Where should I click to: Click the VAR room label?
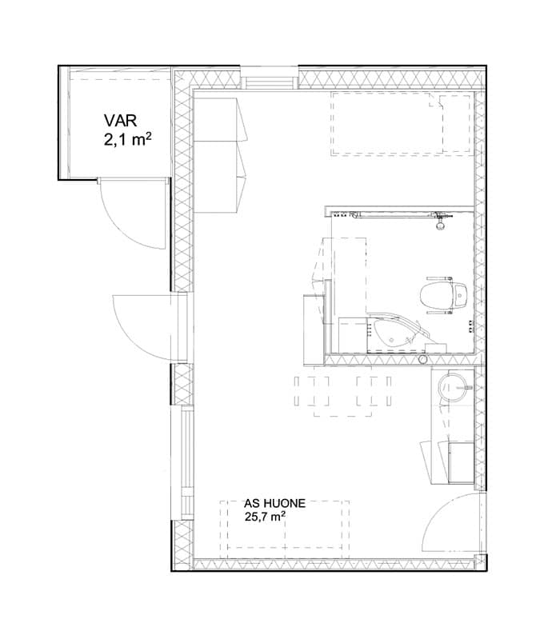(x=120, y=120)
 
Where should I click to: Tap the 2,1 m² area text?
(x=128, y=140)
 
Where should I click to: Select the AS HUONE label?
(x=274, y=503)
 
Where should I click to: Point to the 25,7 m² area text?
(x=265, y=517)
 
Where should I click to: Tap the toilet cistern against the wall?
(x=461, y=295)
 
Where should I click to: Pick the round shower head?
(x=440, y=226)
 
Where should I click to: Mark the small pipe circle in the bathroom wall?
(x=423, y=359)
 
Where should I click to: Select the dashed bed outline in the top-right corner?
(x=402, y=123)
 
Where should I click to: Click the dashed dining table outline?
(x=342, y=392)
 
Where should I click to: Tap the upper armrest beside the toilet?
(x=439, y=278)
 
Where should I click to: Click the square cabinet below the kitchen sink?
(x=461, y=462)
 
